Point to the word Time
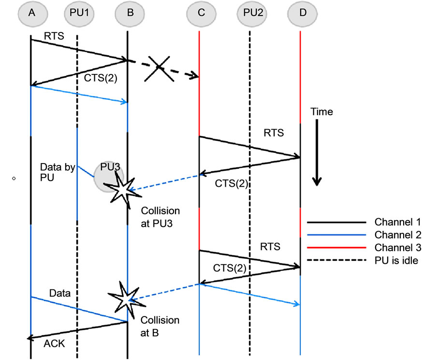coord(322,112)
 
